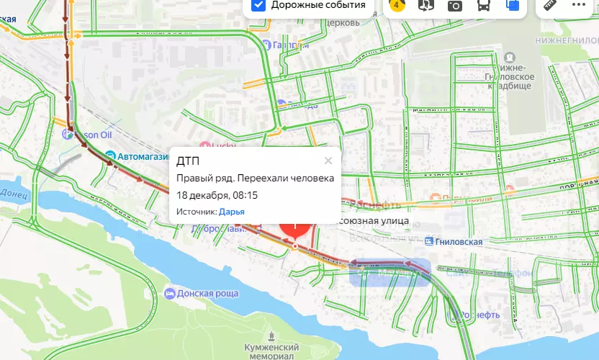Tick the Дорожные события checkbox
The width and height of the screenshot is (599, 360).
pyautogui.click(x=259, y=5)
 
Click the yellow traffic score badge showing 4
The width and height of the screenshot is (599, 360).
pyautogui.click(x=395, y=5)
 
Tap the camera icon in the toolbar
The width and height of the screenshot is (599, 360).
pyautogui.click(x=455, y=5)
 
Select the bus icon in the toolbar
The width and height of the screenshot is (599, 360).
pyautogui.click(x=485, y=5)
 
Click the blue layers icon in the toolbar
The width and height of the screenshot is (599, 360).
pyautogui.click(x=513, y=5)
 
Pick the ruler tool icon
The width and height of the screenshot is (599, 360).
pyautogui.click(x=552, y=5)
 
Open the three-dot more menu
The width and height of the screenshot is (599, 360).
pyautogui.click(x=579, y=5)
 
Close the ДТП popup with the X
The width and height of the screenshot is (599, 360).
pyautogui.click(x=328, y=161)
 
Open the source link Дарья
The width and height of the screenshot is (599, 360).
pyautogui.click(x=231, y=212)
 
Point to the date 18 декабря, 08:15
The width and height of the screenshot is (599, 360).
pyautogui.click(x=217, y=195)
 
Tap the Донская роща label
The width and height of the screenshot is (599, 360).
pyautogui.click(x=208, y=294)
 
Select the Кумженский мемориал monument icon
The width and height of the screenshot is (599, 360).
pyautogui.click(x=270, y=336)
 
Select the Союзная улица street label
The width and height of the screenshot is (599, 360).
pyautogui.click(x=374, y=220)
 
